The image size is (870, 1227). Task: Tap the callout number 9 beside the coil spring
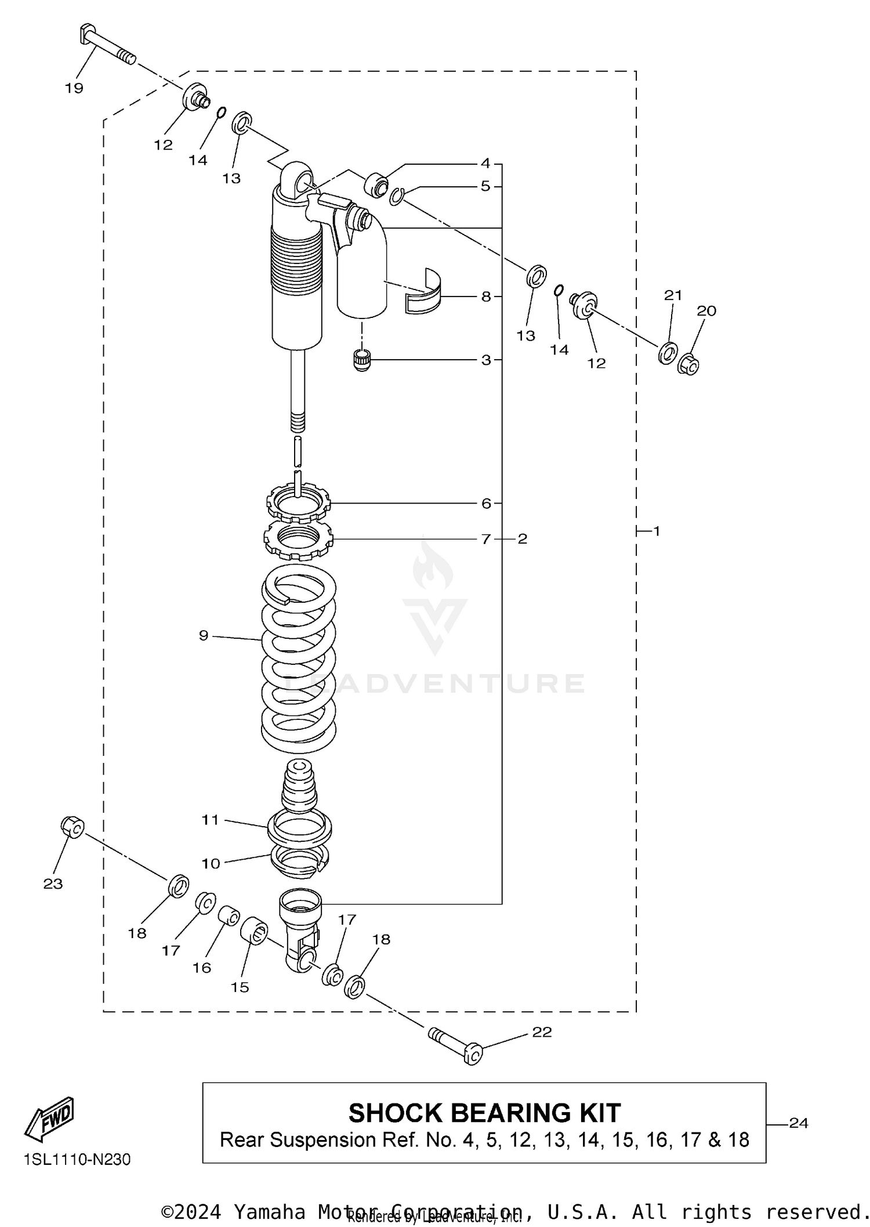pos(204,636)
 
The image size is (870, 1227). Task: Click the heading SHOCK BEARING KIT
pos(484,1113)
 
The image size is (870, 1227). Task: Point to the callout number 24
pos(799,1123)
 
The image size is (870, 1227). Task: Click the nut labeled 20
pos(689,364)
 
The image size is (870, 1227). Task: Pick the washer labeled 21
pos(668,353)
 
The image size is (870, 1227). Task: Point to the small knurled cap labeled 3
pos(362,360)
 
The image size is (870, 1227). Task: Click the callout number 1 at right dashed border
pos(657,531)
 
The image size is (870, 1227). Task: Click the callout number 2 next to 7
pos(523,539)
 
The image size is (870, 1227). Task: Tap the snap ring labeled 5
pos(397,197)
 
